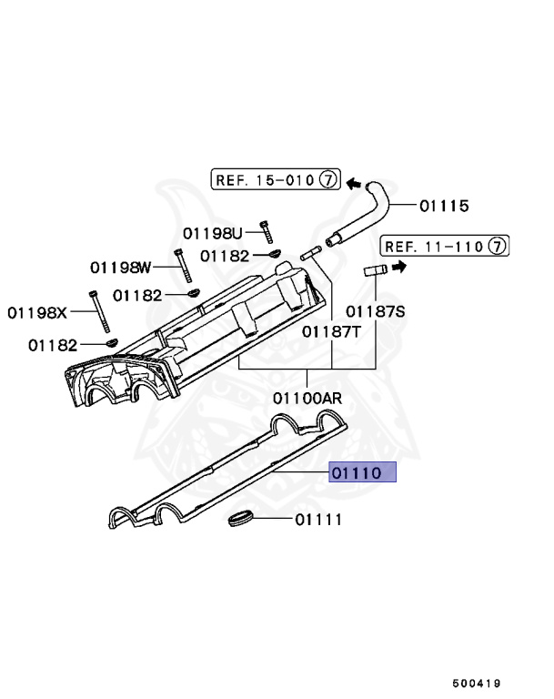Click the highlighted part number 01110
pyautogui.click(x=363, y=473)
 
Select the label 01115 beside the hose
pyautogui.click(x=444, y=207)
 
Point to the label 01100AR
pyautogui.click(x=307, y=398)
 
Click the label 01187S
pyautogui.click(x=375, y=311)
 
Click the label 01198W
pyautogui.click(x=120, y=267)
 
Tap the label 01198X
pyautogui.click(x=38, y=312)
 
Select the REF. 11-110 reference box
pyautogui.click(x=444, y=246)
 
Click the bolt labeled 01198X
pyautogui.click(x=97, y=311)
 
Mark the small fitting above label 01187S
pyautogui.click(x=374, y=269)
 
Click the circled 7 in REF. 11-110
pyautogui.click(x=497, y=246)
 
